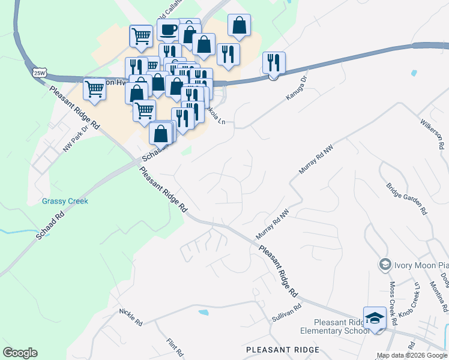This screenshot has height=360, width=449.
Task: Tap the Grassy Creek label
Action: [65, 201]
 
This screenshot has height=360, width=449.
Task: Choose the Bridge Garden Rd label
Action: [406, 199]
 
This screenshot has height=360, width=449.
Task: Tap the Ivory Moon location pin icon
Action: [384, 264]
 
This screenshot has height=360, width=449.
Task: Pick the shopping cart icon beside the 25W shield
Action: [95, 89]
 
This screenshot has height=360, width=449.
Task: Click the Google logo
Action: [20, 353]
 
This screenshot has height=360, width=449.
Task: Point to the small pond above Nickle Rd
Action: [203, 313]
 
